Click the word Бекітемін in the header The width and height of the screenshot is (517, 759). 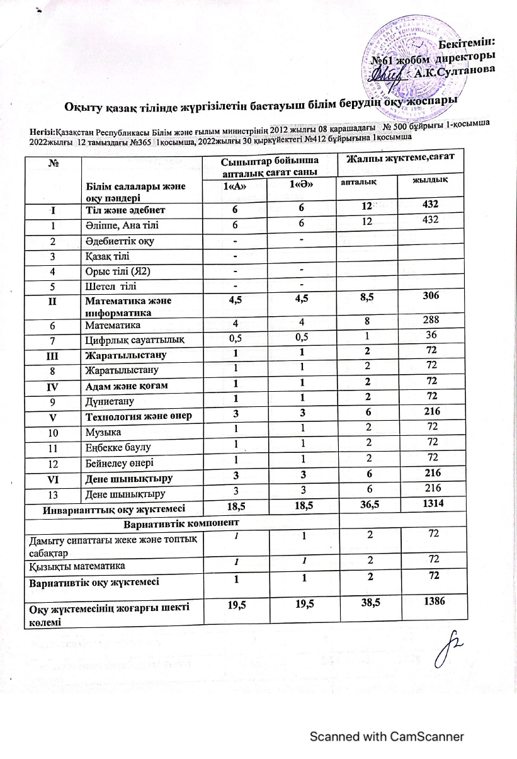click(466, 42)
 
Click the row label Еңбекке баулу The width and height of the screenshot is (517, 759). click(115, 447)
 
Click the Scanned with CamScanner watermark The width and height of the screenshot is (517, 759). click(386, 736)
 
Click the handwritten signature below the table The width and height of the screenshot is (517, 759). click(448, 655)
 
